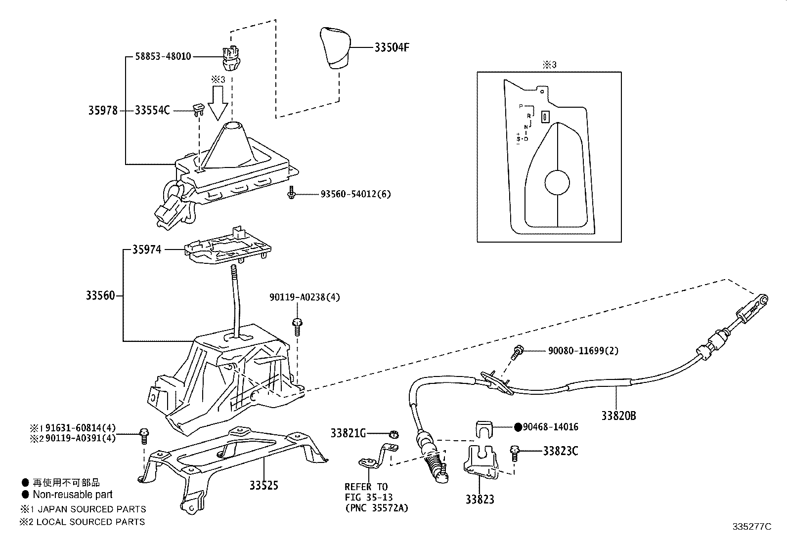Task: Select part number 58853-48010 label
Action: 163,57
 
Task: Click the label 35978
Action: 103,111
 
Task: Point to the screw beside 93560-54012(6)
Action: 291,194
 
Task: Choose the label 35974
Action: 146,250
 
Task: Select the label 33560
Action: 100,295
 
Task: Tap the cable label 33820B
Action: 618,416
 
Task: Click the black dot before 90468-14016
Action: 518,427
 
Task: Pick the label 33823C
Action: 560,451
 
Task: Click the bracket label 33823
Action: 479,500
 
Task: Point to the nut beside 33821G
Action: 394,434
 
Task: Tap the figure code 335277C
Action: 752,527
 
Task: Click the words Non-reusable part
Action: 72,495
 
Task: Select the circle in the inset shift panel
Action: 557,183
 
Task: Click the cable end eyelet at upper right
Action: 764,298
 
